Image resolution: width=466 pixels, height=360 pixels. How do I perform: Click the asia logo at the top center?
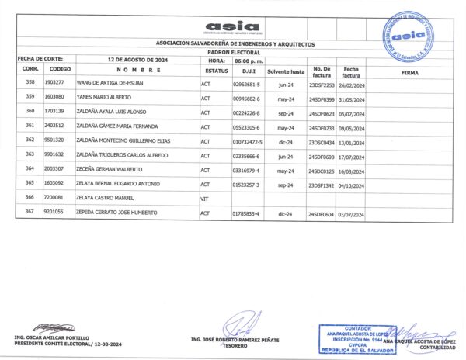(232, 26)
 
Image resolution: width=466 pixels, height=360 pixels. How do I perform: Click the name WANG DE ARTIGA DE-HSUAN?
(106, 82)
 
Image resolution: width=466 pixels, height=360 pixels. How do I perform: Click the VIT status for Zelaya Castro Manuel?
(206, 198)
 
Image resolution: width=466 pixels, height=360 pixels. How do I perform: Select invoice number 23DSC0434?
(321, 140)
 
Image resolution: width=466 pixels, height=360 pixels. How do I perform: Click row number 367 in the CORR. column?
(30, 213)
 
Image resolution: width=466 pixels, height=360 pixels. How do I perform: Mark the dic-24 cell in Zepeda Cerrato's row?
(285, 213)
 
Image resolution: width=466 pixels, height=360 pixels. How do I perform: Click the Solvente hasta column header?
(285, 71)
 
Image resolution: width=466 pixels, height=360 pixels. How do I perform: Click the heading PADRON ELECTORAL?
(232, 52)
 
